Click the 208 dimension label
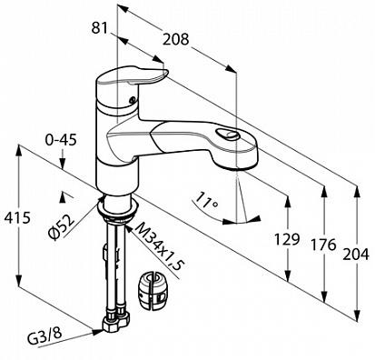(x=175, y=39)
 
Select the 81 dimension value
(x=100, y=28)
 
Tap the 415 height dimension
(x=17, y=218)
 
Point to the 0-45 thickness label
(x=61, y=140)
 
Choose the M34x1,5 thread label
(x=158, y=245)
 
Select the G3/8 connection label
(x=44, y=335)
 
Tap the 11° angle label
(x=207, y=200)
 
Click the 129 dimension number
(x=287, y=239)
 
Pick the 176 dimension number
(x=323, y=245)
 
